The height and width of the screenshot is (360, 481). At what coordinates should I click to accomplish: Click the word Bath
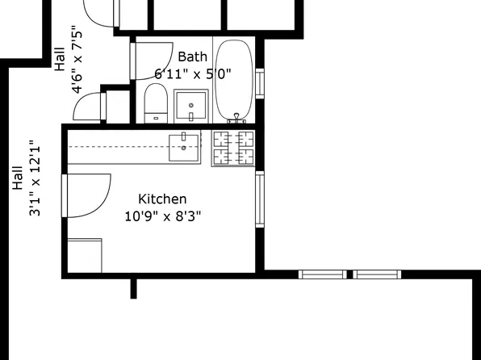coord(192,57)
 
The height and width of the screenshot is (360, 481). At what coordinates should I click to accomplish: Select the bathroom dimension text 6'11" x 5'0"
coord(193,73)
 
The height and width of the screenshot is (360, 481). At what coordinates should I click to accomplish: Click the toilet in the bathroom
coord(156,106)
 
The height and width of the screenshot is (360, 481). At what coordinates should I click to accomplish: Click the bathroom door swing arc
coord(153,60)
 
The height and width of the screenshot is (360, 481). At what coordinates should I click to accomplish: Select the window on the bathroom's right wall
coord(259,83)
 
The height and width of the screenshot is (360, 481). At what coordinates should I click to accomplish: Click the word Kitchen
coord(162,199)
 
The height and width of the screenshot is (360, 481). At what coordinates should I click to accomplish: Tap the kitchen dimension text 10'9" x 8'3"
coord(162,216)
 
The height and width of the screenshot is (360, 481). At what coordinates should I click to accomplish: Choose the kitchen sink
coord(185,146)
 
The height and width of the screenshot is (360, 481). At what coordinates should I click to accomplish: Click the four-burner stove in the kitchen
coord(233,148)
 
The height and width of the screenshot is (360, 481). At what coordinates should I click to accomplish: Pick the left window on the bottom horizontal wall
coord(322,274)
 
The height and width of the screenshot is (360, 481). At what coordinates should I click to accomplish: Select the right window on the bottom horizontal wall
coord(378,274)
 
